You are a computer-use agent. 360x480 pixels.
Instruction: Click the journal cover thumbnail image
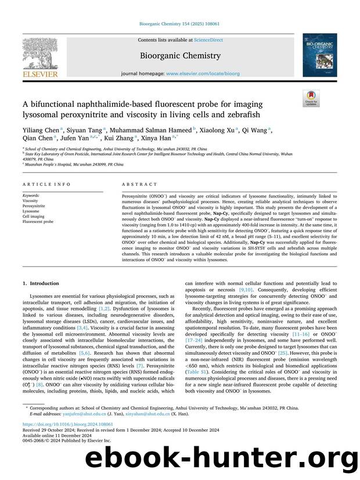[x=319, y=55]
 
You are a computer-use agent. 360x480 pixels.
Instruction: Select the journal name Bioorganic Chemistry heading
[x=180, y=56]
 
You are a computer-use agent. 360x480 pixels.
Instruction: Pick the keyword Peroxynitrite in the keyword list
[x=34, y=205]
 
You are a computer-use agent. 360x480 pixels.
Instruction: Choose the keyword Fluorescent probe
[x=38, y=221]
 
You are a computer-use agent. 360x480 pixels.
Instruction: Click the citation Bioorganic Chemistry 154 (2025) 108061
[x=180, y=24]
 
